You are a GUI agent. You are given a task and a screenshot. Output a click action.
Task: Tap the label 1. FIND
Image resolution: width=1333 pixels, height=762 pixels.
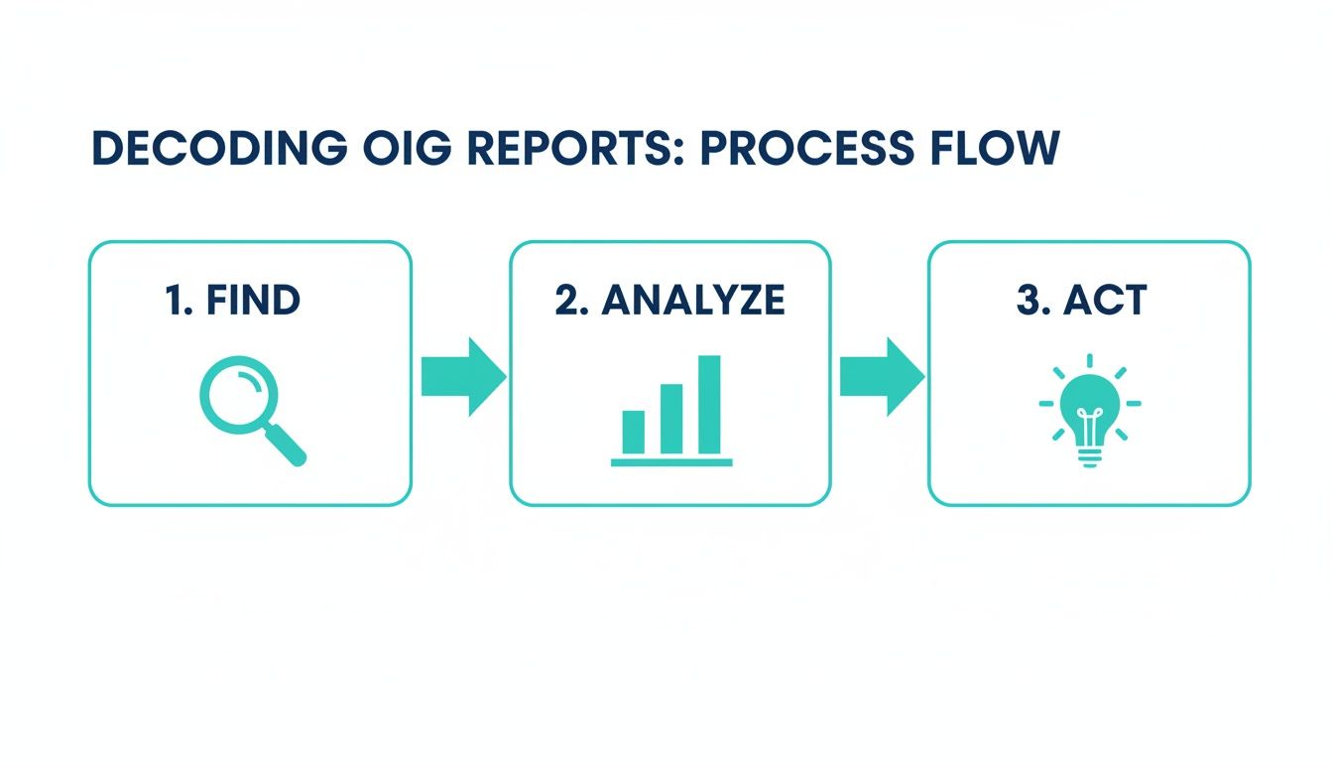[x=232, y=300]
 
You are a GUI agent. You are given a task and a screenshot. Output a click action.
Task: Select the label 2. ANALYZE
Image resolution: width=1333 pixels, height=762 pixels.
[x=669, y=300]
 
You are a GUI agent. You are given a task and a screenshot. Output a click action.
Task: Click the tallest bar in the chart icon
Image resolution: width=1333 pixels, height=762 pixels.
[x=709, y=404]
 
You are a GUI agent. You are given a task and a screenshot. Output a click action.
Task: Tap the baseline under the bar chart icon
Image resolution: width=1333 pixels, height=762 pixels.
[x=671, y=462]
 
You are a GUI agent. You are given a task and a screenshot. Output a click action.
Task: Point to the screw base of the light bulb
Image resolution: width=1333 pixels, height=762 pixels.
[x=1089, y=455]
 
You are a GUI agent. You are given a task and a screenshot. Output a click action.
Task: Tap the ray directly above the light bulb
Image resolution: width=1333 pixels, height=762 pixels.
[x=1089, y=360]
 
